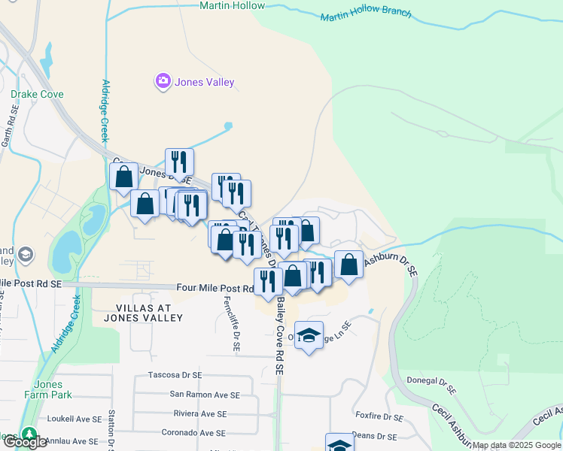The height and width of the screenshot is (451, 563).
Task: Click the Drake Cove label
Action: coord(37,95)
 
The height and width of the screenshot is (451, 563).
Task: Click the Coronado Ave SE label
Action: coord(193,433)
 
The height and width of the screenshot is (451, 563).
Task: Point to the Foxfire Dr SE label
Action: coord(379,416)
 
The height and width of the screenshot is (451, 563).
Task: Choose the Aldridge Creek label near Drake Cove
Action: coord(105,110)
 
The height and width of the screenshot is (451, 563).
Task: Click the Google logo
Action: coord(25,443)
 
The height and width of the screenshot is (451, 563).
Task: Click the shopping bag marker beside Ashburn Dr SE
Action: coord(348,264)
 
